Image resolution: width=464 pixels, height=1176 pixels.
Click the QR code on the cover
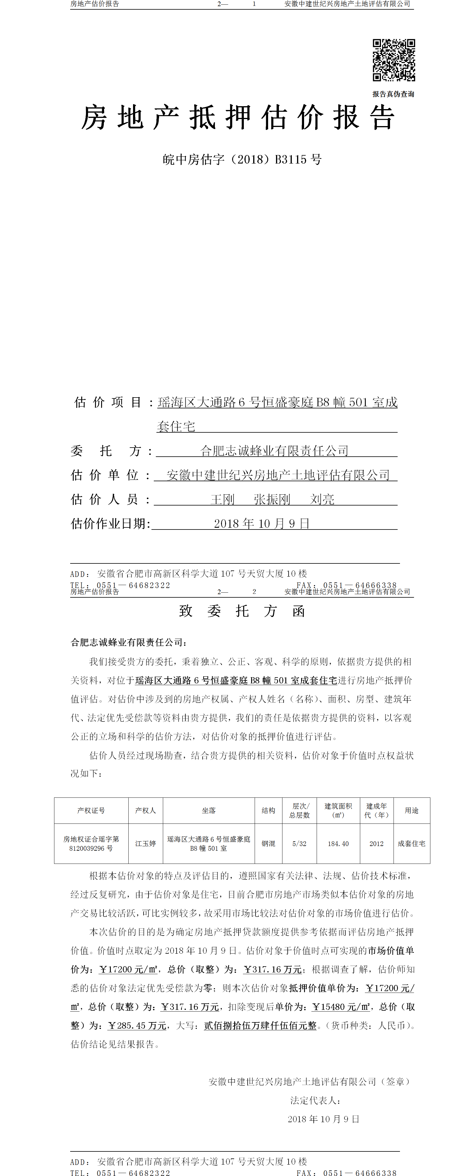click(x=394, y=60)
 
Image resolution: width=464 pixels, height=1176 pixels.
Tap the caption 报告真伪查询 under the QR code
click(x=393, y=94)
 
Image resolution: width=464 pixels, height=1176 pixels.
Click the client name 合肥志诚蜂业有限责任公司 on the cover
click(x=274, y=451)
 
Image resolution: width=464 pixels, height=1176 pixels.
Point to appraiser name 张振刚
click(x=272, y=499)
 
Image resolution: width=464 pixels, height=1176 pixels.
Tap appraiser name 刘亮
click(x=322, y=499)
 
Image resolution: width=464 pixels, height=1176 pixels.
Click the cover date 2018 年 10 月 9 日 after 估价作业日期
click(x=262, y=524)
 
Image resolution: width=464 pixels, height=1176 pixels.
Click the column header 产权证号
click(x=91, y=810)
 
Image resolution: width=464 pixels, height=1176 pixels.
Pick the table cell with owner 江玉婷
click(x=146, y=844)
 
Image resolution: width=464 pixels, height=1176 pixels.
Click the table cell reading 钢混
click(x=268, y=844)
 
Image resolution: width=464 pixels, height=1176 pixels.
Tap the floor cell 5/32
click(x=299, y=844)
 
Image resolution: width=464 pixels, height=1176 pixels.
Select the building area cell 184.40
click(x=338, y=844)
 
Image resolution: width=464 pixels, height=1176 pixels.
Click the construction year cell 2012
click(x=376, y=844)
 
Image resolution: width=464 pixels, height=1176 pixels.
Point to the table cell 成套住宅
click(x=412, y=844)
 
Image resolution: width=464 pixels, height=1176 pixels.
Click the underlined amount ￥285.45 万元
click(x=137, y=1025)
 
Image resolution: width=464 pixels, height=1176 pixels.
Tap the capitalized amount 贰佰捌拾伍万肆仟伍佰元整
click(x=260, y=1025)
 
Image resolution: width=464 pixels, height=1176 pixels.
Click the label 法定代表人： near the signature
click(x=316, y=1100)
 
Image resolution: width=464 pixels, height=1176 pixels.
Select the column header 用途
click(x=412, y=810)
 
